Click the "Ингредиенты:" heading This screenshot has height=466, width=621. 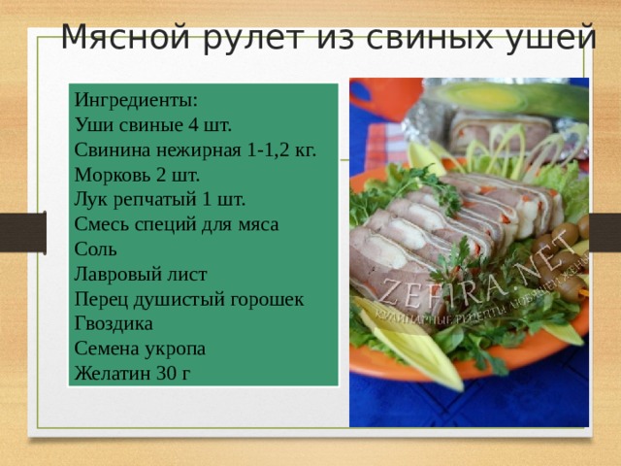[x=136, y=99]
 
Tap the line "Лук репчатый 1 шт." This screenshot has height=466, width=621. [x=159, y=200]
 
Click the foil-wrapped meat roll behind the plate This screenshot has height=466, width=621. [x=505, y=130]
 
